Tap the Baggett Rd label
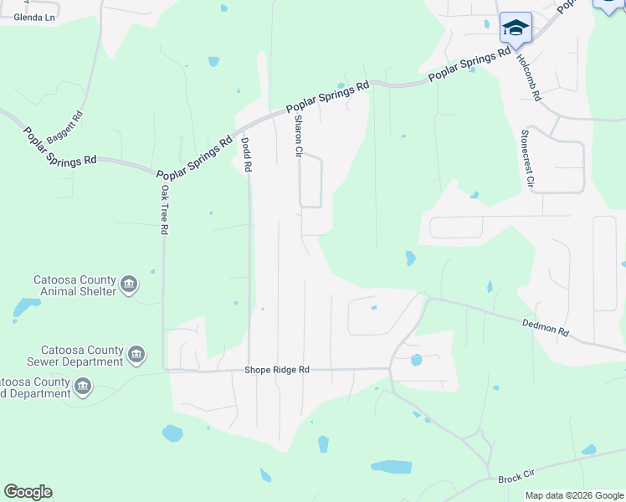click(66, 126)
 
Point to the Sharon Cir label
click(296, 137)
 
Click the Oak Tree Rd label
click(165, 212)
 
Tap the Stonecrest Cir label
click(528, 157)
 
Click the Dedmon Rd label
click(545, 327)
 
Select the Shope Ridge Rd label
click(277, 369)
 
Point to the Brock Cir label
click(516, 477)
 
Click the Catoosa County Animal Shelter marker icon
click(129, 285)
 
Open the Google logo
click(28, 492)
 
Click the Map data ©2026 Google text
click(574, 495)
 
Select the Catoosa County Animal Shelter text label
click(74, 285)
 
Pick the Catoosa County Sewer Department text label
click(80, 356)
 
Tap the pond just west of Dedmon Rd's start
click(410, 259)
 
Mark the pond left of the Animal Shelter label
click(25, 307)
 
